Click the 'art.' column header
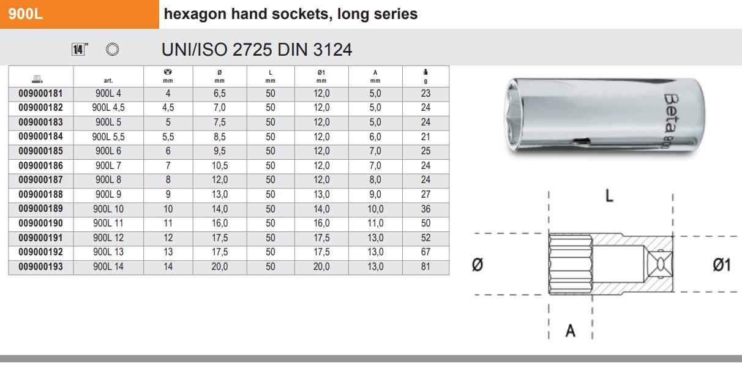click(x=108, y=80)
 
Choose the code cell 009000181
click(x=41, y=94)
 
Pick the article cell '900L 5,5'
click(x=108, y=136)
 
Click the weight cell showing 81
click(x=426, y=266)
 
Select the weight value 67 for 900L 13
click(x=426, y=252)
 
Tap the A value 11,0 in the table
click(x=375, y=223)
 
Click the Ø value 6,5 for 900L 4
click(x=219, y=94)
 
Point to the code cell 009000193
click(x=41, y=266)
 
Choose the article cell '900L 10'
click(x=108, y=209)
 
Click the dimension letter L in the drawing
click(x=610, y=196)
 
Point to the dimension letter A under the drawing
click(x=571, y=331)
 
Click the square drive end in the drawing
click(x=661, y=264)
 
